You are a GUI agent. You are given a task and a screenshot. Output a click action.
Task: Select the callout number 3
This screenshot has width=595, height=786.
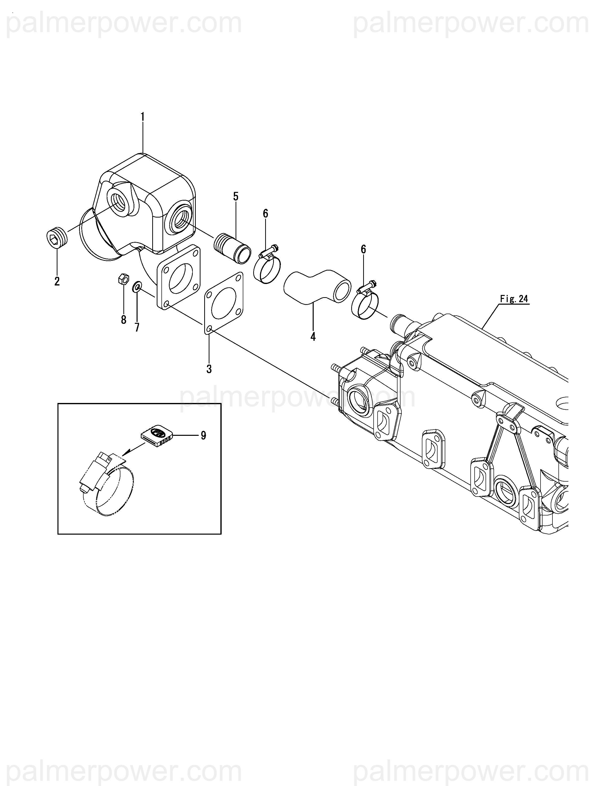(209, 369)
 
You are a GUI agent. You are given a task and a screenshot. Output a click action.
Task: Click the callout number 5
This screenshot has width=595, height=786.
(236, 197)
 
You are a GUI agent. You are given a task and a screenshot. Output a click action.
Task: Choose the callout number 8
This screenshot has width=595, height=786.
(124, 320)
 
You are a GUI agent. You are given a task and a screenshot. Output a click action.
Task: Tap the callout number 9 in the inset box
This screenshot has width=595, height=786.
(203, 435)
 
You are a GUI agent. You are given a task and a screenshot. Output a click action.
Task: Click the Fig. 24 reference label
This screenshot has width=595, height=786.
(514, 299)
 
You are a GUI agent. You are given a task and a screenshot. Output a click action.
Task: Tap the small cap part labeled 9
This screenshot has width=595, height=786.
(156, 435)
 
